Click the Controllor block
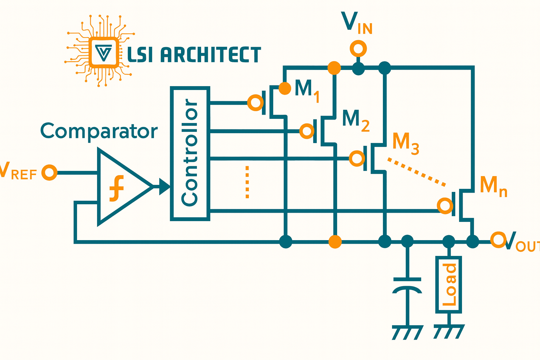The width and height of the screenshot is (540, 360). coord(190,154)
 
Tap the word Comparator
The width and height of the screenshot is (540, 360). coord(99,131)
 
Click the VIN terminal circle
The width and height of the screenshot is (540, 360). coord(358,49)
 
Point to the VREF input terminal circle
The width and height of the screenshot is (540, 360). coord(49,173)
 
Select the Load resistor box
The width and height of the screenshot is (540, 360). coord(449,285)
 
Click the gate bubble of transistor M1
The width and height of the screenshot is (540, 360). coord(255,103)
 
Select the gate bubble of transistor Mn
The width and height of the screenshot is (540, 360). coord(445,205)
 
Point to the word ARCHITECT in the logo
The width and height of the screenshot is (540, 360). coord(211,55)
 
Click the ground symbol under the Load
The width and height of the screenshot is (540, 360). coord(449,332)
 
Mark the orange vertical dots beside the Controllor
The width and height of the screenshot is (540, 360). coord(247,182)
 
